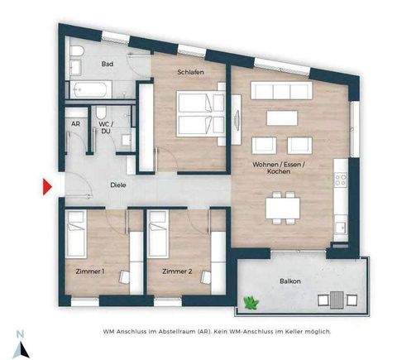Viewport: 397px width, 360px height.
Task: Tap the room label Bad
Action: pos(107,63)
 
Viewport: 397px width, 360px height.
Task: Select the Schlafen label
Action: pos(190,72)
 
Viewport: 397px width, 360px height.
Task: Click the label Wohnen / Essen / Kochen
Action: pos(279,170)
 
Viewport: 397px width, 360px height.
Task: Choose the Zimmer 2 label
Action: pos(177,271)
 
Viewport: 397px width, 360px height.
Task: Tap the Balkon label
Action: pos(289,281)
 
